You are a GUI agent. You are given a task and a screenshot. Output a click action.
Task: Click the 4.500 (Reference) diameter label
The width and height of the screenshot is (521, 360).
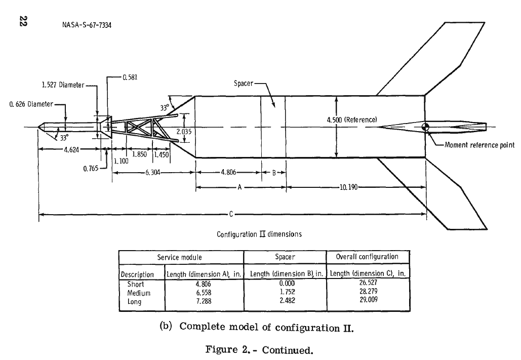tap(353, 120)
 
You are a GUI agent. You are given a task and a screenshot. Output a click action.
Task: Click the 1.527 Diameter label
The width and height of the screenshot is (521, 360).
tap(62, 85)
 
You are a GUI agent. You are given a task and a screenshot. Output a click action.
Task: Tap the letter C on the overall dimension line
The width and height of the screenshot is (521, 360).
tap(231, 214)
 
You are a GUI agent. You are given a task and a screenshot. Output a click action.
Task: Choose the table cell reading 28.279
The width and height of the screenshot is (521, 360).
tap(368, 293)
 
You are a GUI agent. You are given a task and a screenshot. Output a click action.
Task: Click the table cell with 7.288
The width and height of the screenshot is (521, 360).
tap(205, 302)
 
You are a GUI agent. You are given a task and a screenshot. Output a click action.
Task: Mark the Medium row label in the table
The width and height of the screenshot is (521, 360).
tap(139, 293)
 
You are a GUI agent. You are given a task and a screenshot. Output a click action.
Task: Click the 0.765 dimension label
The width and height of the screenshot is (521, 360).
tap(91, 169)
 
